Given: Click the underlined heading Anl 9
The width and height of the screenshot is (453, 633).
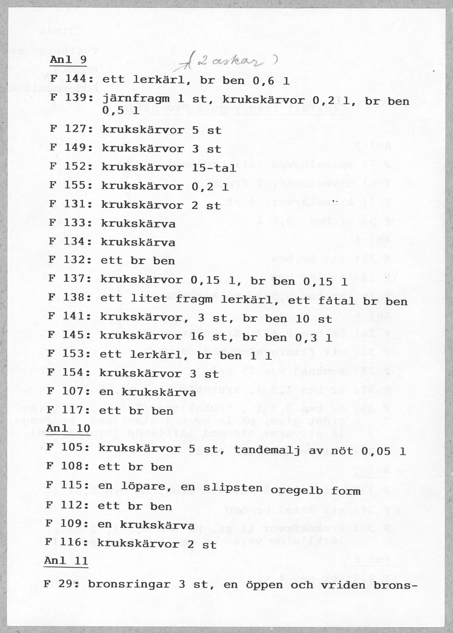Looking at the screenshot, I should pos(68,60).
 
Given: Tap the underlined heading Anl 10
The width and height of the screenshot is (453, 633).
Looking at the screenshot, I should pos(68,428).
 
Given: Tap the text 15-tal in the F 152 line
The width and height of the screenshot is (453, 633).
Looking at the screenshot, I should pos(214,168).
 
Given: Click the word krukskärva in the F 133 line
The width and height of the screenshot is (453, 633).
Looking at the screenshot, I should pos(138,224).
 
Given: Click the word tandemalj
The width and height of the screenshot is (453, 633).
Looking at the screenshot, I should pos(267,450).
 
